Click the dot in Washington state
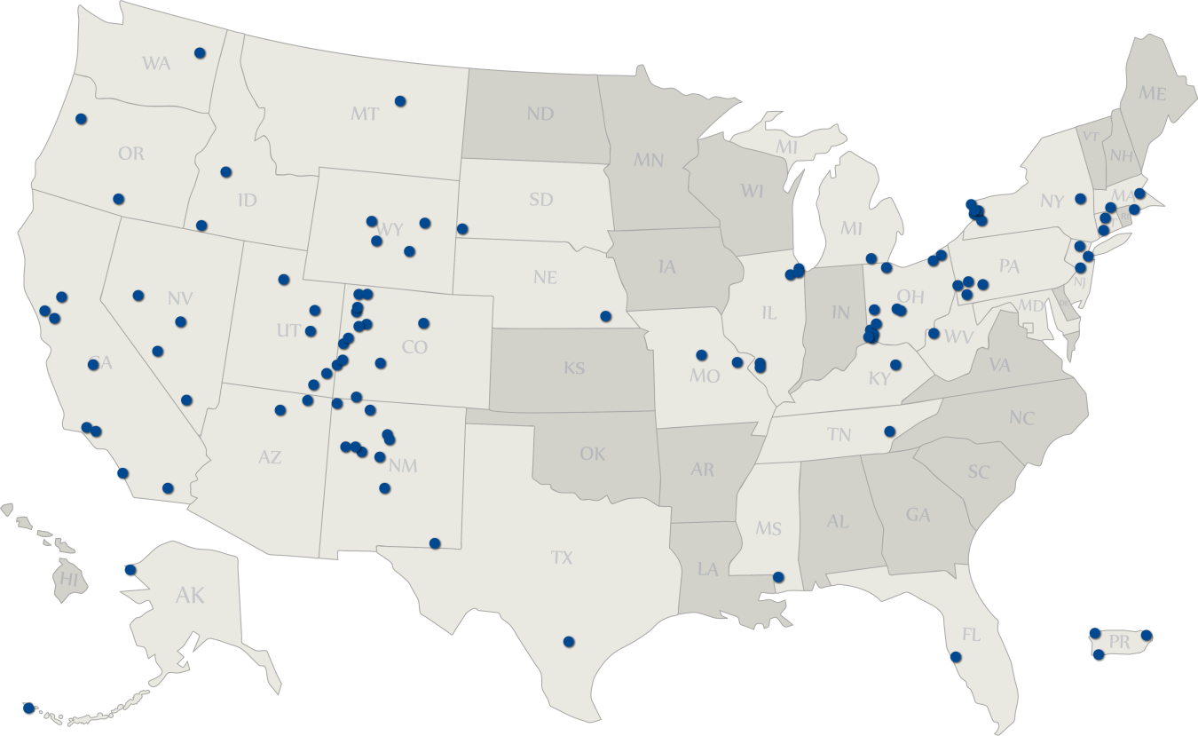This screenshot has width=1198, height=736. coord(200,53)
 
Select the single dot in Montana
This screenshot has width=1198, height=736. coord(400,100)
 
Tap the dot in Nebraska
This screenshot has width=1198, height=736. coord(605,316)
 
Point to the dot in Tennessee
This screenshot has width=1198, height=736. coord(890,431)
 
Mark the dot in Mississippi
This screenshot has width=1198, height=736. coord(778,577)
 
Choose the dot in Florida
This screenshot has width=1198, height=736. coord(956,657)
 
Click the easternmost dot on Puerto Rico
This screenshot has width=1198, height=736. coord(1147,635)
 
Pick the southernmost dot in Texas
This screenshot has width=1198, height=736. coord(569,641)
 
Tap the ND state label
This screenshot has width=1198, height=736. coord(540,114)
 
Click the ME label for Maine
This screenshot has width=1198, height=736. coord(1153,93)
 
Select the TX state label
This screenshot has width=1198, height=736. coord(562,558)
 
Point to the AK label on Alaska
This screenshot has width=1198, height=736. coord(190,595)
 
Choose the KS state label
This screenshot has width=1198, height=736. coord(574,368)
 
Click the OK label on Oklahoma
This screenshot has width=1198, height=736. coord(592,454)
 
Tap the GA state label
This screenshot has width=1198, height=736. coord(918,514)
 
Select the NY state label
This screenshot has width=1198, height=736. coord(1052,202)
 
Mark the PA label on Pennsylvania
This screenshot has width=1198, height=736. coord(1009,266)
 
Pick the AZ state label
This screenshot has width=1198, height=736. coord(270,458)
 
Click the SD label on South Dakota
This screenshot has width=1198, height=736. coord(540,199)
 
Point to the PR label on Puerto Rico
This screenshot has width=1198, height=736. coord(1119,642)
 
